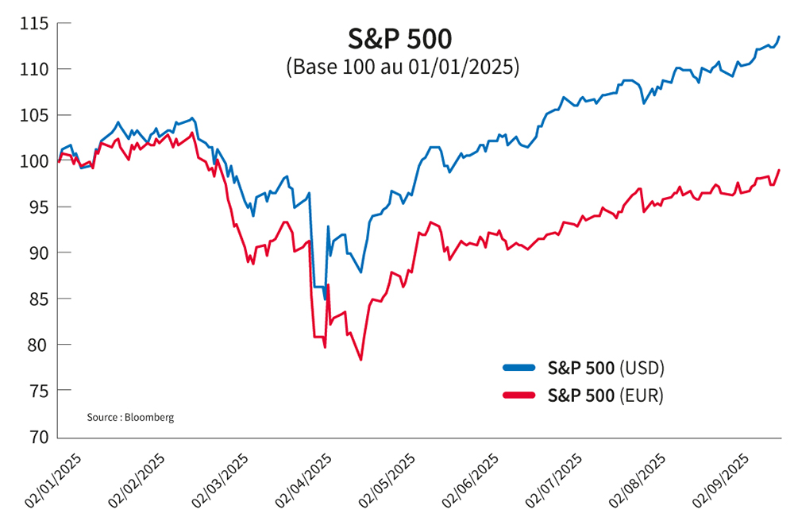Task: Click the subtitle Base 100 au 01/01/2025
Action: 402,67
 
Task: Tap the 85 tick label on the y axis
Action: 37,299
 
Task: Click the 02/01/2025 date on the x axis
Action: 54,480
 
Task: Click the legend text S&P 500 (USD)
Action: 605,368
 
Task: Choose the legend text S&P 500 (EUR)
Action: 605,395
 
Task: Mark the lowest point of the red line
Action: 360,360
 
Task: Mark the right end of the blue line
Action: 779,37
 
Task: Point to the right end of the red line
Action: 779,170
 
